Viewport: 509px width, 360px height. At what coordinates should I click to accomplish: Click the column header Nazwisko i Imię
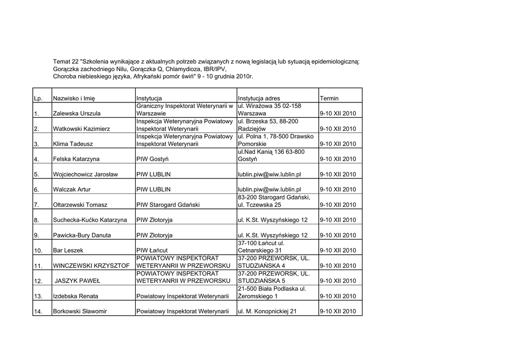(x=74, y=98)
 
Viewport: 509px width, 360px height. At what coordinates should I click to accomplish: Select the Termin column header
(x=329, y=98)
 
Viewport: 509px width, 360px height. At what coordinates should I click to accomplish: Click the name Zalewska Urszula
(x=77, y=114)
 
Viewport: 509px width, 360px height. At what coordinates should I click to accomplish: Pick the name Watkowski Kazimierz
(x=82, y=129)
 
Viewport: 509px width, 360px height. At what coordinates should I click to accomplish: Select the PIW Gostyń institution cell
(x=153, y=159)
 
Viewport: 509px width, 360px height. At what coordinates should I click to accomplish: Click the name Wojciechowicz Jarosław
(x=85, y=175)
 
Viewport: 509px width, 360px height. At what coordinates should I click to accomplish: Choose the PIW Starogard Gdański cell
(x=168, y=205)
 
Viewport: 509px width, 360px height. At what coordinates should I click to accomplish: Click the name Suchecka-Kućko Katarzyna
(x=90, y=220)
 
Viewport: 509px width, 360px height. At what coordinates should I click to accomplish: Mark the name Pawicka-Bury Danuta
(x=82, y=235)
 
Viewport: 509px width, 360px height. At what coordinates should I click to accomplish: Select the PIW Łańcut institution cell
(x=152, y=251)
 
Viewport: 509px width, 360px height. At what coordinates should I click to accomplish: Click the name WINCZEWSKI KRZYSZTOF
(x=91, y=266)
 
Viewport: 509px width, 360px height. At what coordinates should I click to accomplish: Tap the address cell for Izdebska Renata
(x=271, y=292)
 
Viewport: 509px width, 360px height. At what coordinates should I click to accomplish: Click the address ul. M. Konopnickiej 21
(x=267, y=312)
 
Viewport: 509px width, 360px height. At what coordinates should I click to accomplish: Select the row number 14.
(x=38, y=312)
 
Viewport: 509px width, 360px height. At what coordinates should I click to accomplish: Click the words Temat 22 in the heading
(x=66, y=61)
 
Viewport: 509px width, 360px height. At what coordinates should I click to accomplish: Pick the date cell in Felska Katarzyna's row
(x=338, y=159)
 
